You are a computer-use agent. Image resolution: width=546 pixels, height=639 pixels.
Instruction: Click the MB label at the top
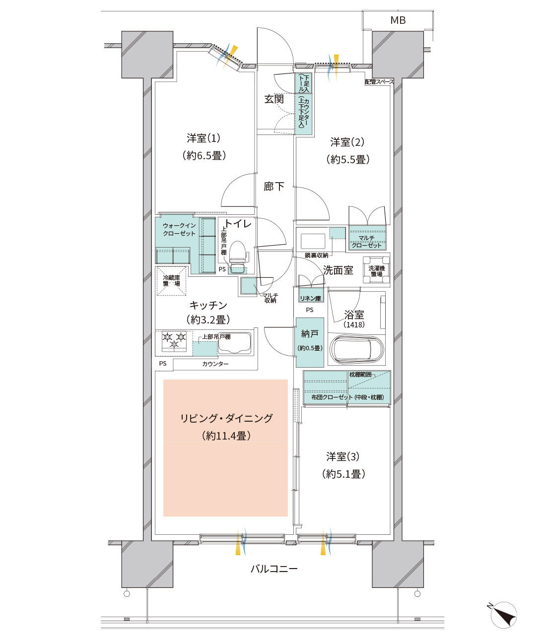coord(398,20)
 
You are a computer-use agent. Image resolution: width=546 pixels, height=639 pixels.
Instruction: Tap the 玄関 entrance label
coord(273,99)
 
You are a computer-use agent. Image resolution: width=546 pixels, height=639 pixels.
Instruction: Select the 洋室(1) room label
coord(204,138)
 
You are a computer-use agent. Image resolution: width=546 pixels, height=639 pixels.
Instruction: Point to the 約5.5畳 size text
coord(347,160)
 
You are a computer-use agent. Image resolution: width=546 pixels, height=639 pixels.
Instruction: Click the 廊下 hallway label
coord(273,187)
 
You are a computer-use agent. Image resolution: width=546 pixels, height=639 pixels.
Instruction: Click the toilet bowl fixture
coord(238,252)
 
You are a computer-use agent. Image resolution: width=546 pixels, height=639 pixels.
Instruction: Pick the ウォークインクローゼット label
coord(179,229)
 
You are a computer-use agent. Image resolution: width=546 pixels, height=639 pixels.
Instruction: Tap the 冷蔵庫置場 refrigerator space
coord(172,281)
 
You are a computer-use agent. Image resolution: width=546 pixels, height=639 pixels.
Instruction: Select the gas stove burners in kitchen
coord(174,340)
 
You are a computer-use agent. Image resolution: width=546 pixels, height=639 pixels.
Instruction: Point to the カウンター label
coord(215,364)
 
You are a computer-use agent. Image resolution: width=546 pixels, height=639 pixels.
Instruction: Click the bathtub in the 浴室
coord(357,349)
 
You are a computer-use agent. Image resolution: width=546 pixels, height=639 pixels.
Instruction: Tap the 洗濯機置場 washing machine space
coord(376,271)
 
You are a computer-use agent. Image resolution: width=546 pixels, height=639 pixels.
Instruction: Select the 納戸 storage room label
coord(310,334)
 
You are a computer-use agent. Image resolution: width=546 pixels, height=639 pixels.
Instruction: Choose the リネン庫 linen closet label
coord(311,298)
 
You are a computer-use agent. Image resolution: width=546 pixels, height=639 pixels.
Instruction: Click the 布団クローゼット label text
coord(332,397)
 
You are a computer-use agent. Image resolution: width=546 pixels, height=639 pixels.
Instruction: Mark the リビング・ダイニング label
coord(226,418)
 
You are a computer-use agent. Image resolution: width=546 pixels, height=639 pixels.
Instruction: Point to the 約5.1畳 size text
coord(343,474)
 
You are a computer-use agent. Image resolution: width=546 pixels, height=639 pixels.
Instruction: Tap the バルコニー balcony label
coord(273,569)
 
